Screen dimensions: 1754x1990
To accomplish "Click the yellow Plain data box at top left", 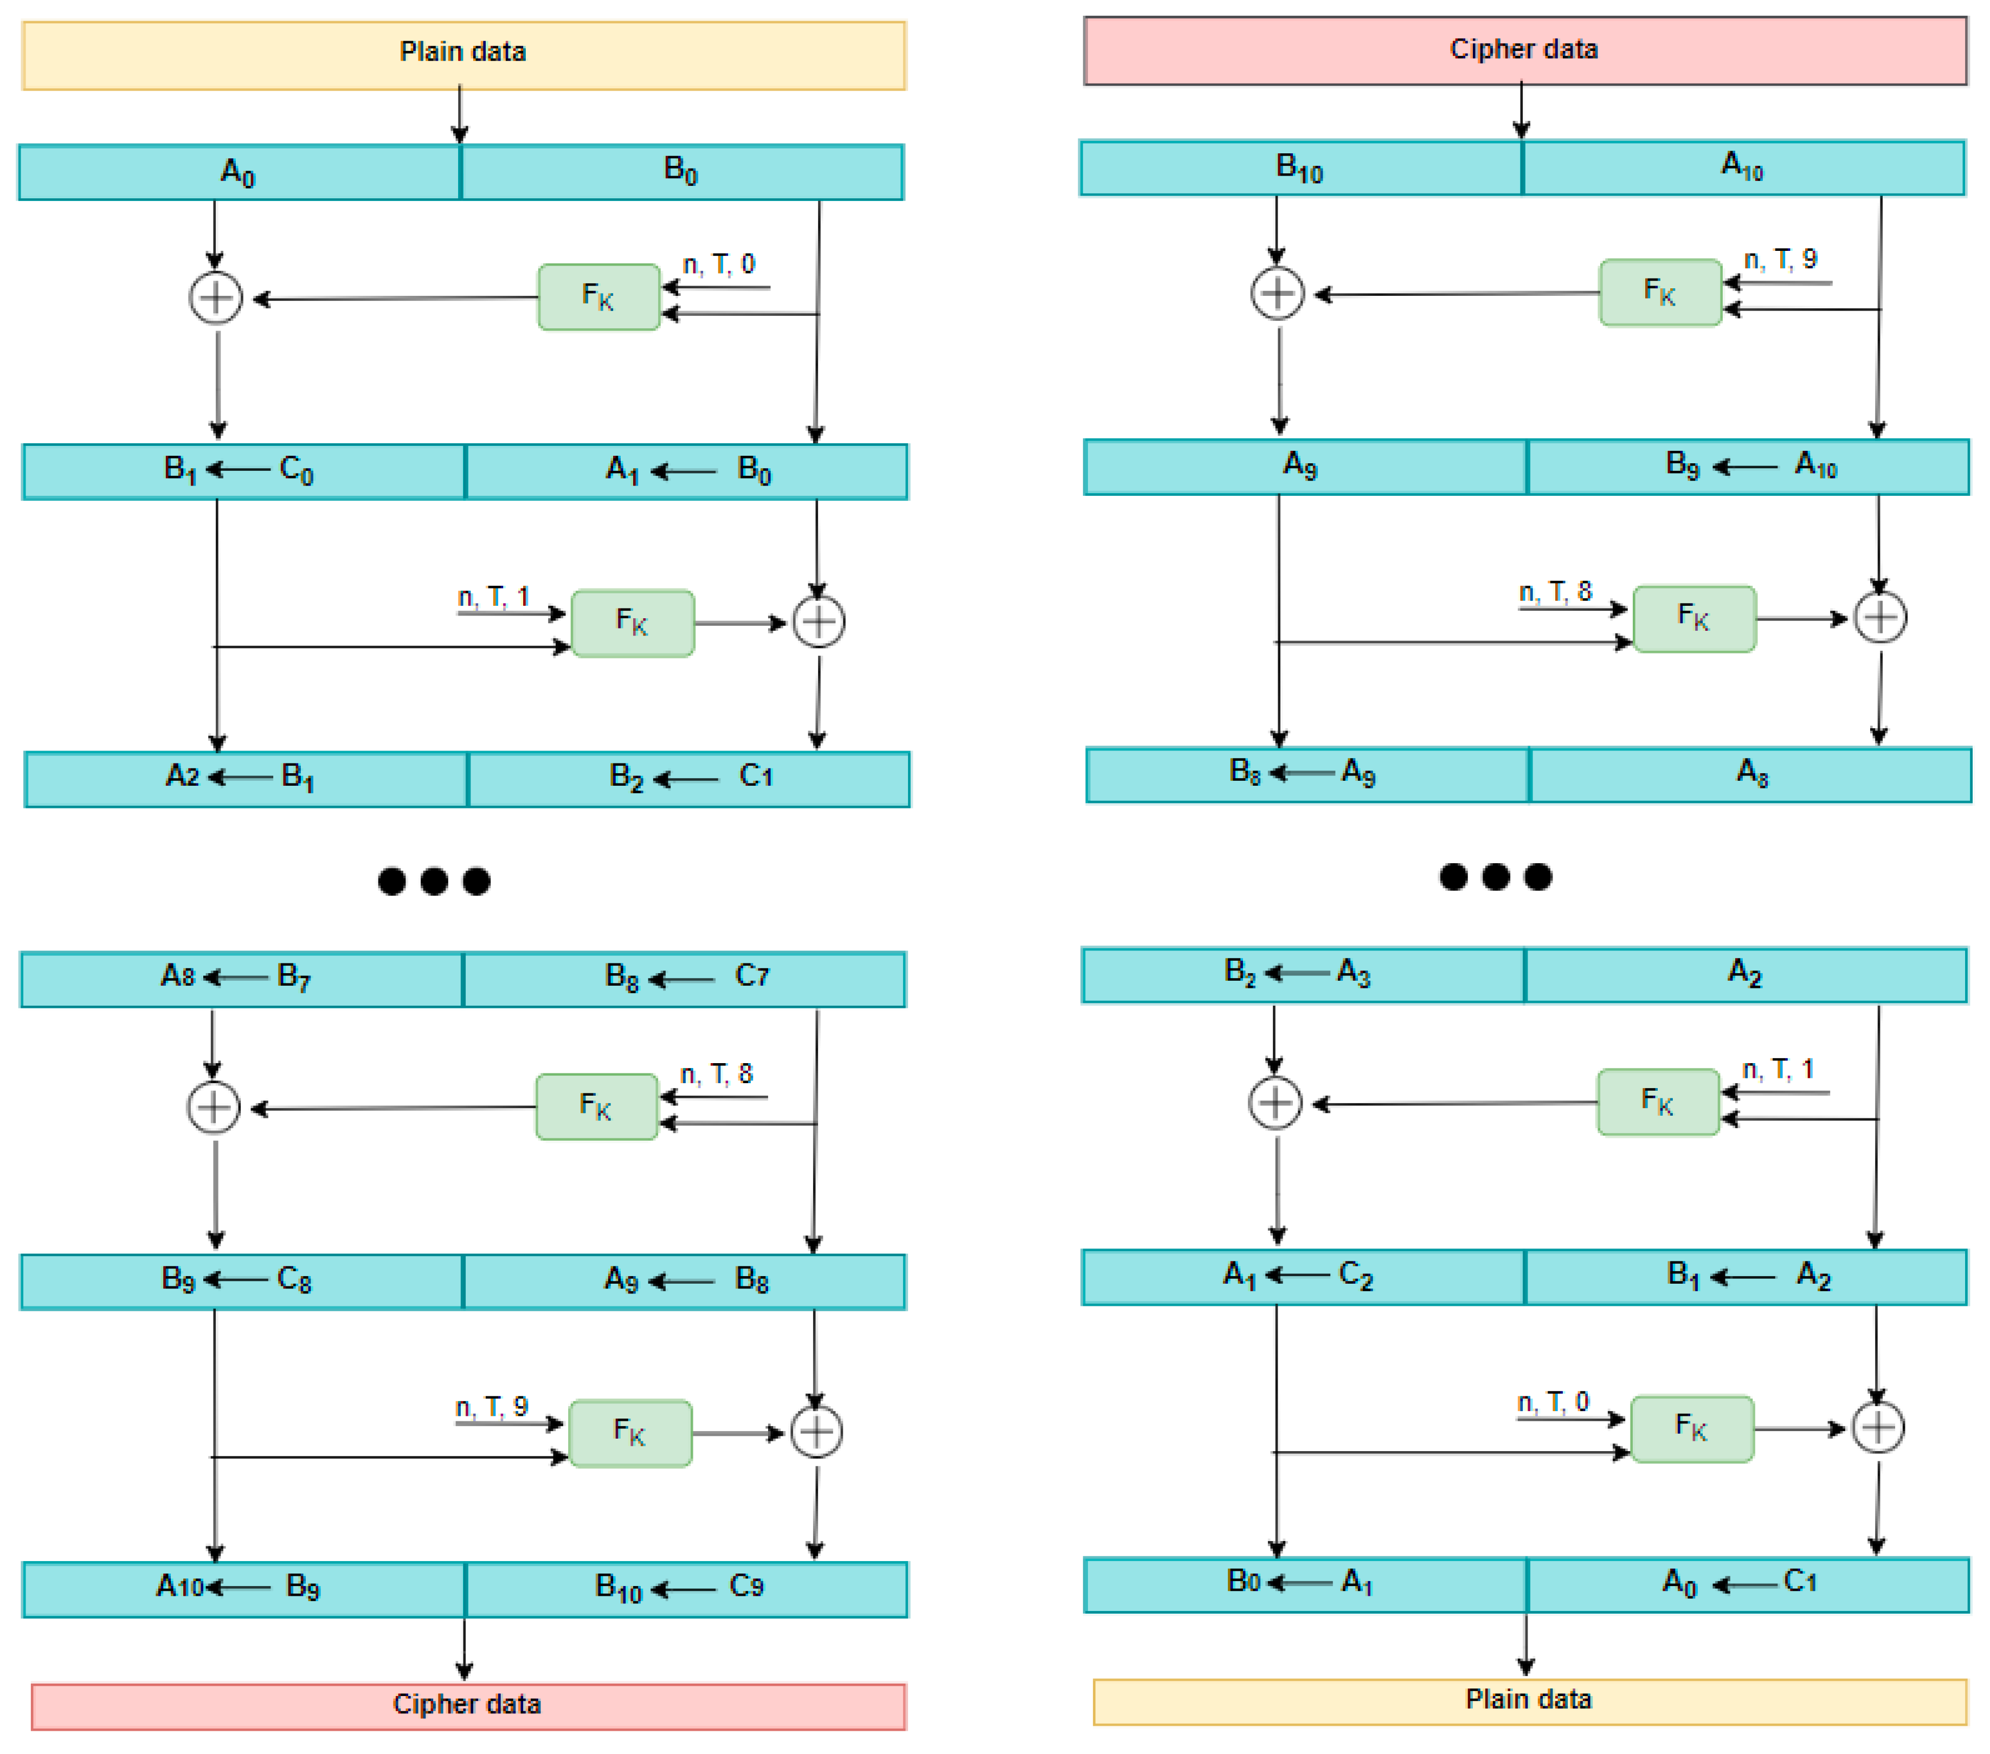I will [463, 55].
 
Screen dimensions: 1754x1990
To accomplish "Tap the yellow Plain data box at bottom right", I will [1529, 1700].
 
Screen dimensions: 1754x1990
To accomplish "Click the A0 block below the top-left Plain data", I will [239, 172].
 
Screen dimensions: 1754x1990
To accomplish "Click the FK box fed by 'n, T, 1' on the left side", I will [633, 623].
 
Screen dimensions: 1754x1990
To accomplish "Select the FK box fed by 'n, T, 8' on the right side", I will [1694, 618].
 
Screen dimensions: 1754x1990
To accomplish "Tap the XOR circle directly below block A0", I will [215, 298].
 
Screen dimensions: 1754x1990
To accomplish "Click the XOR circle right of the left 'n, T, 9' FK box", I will [816, 1432].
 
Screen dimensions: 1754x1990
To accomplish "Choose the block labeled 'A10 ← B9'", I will [243, 1589].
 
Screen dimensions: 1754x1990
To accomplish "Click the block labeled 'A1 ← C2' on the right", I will [1303, 1276].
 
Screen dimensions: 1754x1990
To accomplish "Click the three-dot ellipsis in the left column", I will [434, 881].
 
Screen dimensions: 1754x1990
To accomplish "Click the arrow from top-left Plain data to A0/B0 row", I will [460, 115].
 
